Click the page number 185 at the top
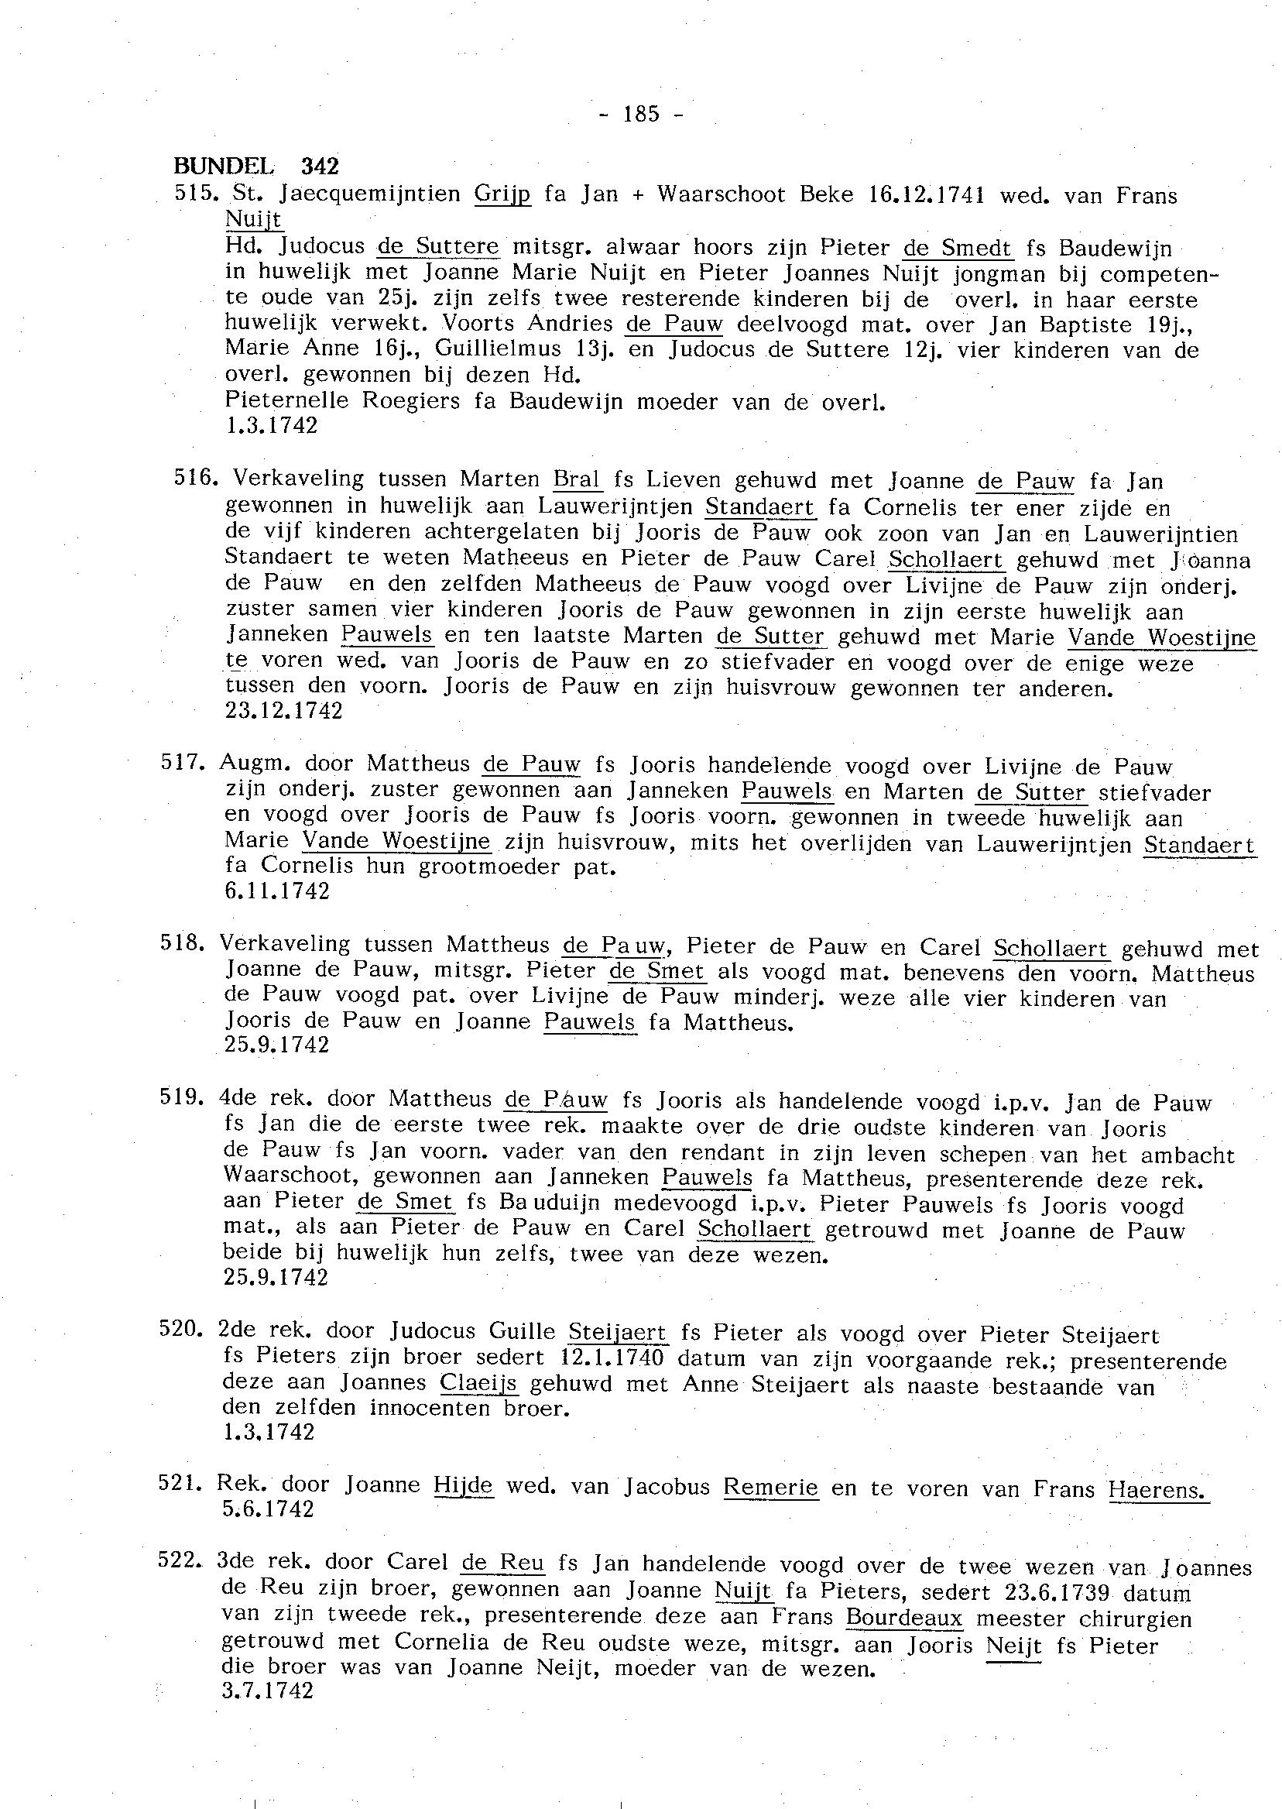[641, 115]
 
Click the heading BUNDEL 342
[255, 166]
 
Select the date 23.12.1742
[284, 712]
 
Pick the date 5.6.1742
[269, 1509]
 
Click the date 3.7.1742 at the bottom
[269, 1691]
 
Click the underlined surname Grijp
[503, 194]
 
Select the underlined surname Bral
[577, 479]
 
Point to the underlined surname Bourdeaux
[905, 1617]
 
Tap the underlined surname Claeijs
[478, 1383]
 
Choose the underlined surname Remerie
[771, 1488]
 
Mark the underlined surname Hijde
[464, 1485]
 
